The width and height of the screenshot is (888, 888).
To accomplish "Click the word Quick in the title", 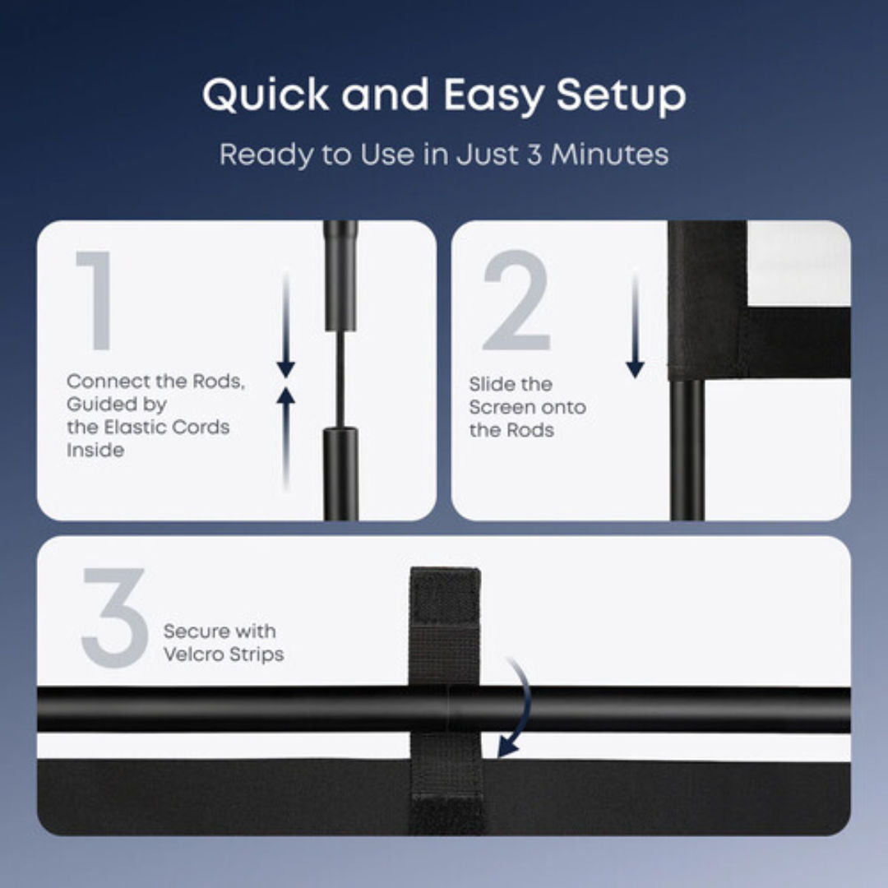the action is click(265, 95).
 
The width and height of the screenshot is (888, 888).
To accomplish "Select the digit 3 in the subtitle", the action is click(534, 154).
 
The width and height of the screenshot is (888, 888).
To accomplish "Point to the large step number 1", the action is click(95, 300).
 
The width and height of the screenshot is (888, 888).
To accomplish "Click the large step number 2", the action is click(516, 300).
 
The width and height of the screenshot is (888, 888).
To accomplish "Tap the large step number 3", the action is click(114, 617).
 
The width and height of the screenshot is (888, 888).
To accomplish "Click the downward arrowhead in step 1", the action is click(286, 370).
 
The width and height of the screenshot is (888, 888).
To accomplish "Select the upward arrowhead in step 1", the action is click(286, 395).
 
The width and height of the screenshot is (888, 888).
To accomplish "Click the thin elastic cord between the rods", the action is click(340, 379).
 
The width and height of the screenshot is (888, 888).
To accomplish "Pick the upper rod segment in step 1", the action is click(340, 275).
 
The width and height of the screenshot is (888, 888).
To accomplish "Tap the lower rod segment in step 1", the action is click(340, 474).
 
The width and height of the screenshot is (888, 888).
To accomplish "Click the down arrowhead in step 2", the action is click(635, 370).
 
